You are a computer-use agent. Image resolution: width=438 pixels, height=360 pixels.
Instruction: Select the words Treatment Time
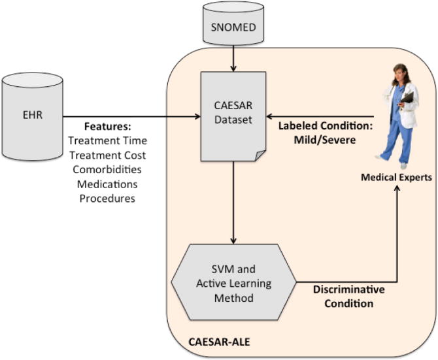107,140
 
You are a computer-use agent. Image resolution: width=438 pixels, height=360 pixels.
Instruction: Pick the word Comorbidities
107,169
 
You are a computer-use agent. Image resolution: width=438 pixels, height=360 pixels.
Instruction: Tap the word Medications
107,183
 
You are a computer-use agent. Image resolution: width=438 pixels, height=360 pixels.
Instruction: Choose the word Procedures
107,197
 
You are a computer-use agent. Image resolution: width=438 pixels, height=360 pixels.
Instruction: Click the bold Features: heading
107,125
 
